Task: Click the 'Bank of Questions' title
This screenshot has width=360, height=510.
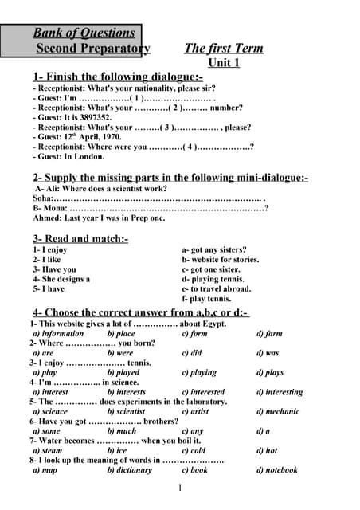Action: point(84,33)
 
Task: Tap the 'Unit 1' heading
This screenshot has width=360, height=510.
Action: point(223,62)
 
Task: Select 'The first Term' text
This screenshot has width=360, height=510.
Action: point(223,48)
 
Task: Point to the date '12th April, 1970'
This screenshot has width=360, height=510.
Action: point(88,136)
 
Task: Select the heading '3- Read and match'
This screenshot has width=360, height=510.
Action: point(80,238)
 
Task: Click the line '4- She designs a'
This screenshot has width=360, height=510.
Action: point(61,279)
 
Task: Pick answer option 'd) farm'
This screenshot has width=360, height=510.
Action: point(269,333)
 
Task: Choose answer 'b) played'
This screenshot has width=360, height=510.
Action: point(123,372)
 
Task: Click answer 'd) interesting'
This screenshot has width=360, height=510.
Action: point(279,392)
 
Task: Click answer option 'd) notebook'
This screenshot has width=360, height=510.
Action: point(276,470)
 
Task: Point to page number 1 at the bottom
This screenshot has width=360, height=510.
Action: point(181,488)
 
